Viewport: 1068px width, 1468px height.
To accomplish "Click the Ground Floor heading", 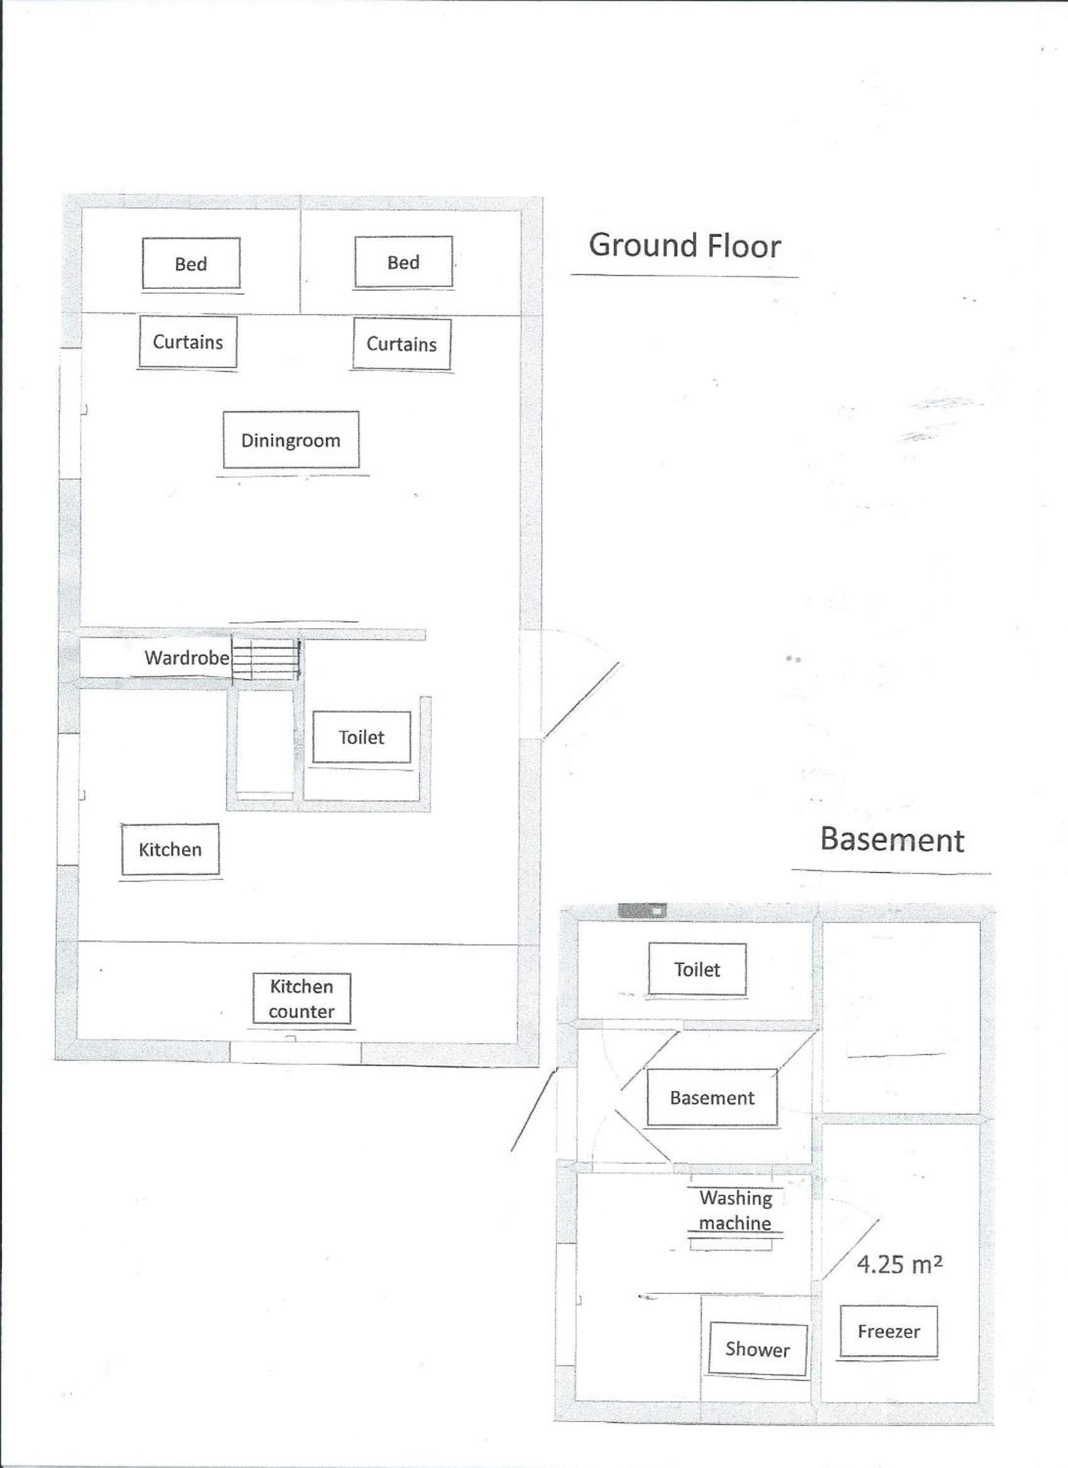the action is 685,246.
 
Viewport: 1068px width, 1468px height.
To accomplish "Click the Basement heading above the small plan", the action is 892,839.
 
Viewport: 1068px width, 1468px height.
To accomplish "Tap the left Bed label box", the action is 191,263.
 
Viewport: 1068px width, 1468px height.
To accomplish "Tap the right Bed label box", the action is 403,261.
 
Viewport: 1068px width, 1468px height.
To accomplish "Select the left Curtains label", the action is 188,341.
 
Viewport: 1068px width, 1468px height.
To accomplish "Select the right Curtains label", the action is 401,344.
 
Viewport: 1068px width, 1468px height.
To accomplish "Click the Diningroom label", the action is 291,440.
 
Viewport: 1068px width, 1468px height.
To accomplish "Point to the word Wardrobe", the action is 187,658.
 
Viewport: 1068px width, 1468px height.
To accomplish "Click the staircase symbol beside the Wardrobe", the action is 266,660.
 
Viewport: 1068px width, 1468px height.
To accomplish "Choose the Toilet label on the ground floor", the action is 361,737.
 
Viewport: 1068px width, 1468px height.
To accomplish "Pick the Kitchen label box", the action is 170,849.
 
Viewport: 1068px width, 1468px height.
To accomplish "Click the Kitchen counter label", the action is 302,999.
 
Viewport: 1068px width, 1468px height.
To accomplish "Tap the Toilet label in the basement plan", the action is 697,969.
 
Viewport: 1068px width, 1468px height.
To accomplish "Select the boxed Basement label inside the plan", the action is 712,1098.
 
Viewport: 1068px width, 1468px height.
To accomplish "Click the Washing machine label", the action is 735,1210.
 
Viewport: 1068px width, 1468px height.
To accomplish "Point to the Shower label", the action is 757,1349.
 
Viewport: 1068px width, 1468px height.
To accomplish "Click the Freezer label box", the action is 889,1332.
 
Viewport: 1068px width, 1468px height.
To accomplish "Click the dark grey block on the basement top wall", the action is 643,911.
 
